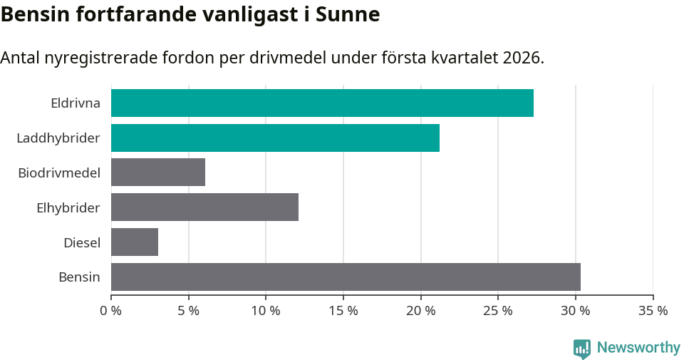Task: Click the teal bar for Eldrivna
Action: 322,103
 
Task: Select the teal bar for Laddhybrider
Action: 275,138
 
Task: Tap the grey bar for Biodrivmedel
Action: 158,173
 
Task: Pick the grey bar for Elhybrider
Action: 204,207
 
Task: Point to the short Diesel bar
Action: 135,242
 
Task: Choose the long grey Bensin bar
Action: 346,277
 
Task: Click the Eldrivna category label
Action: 76,103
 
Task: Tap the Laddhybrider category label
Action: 58,138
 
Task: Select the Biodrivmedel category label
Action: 59,173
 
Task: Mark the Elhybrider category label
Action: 68,207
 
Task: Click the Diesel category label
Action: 82,242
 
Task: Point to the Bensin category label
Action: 79,277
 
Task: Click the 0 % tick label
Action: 111,311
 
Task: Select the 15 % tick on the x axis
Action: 343,311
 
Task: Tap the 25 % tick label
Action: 498,311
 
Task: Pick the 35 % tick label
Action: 653,311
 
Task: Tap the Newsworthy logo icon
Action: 582,348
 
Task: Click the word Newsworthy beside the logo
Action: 638,348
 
